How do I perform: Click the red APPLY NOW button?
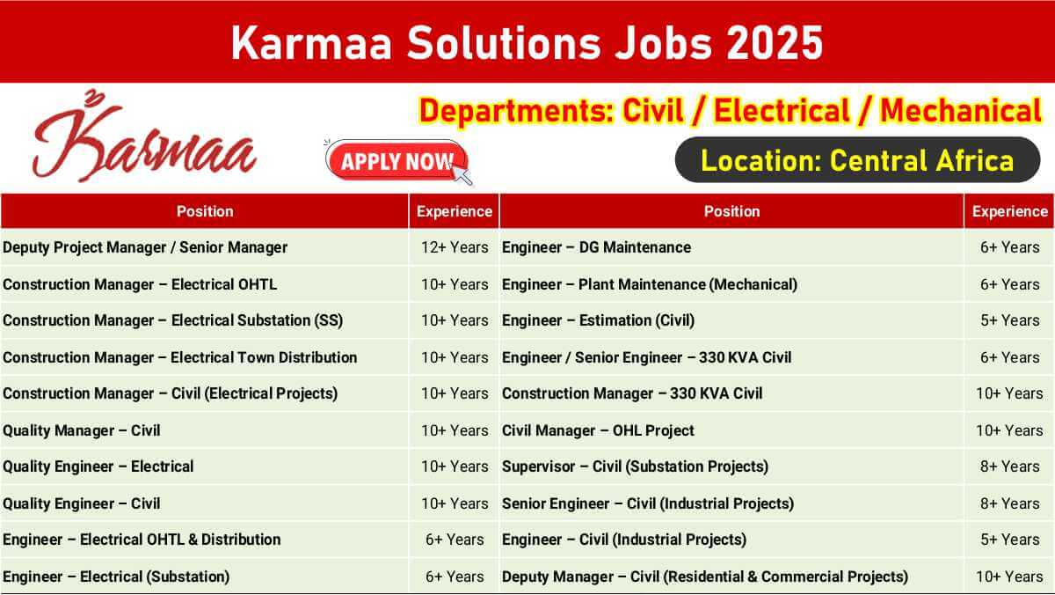(397, 161)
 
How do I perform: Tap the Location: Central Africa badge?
(857, 160)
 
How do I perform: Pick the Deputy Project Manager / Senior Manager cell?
(145, 247)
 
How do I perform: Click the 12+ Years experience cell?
(455, 247)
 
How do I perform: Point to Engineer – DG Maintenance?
(596, 247)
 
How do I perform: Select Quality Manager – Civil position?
(82, 430)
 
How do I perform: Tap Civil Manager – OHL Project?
(598, 430)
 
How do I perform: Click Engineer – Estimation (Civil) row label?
(598, 320)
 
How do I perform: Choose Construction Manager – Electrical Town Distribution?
(180, 357)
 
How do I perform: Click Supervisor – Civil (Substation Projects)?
(635, 466)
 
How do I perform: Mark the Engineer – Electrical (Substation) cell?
(116, 577)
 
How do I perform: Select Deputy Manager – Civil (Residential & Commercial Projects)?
(705, 577)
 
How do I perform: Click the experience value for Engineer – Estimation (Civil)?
(1010, 320)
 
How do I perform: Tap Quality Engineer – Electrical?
(98, 466)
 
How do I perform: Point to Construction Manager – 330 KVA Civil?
(632, 393)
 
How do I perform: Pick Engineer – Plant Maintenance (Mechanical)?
(650, 285)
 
